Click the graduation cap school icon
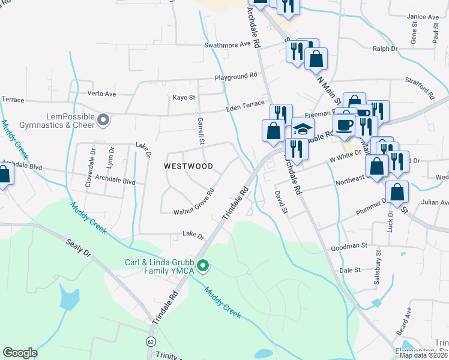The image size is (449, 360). pyautogui.click(x=303, y=129)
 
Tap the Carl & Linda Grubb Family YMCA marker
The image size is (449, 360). pyautogui.click(x=203, y=265)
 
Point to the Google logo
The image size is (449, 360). pyautogui.click(x=20, y=353)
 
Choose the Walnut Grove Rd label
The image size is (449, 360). pyautogui.click(x=194, y=203)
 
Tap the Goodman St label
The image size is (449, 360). pyautogui.click(x=349, y=246)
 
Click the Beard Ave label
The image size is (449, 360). pyautogui.click(x=408, y=320)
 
